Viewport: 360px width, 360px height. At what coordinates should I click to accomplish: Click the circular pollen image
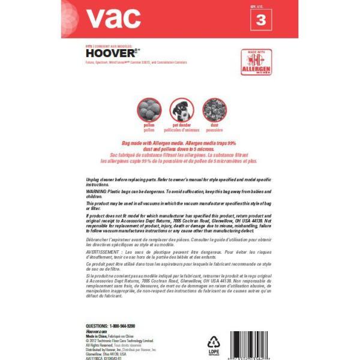click(149, 110)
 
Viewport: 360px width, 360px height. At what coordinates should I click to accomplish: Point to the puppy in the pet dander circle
click(181, 110)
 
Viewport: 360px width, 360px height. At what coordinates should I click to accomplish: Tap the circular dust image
click(213, 110)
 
